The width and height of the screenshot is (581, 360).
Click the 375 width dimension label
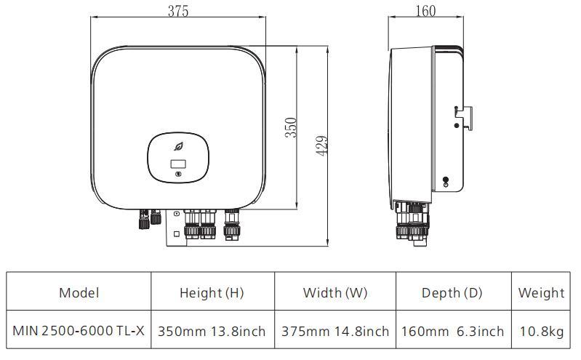click(178, 11)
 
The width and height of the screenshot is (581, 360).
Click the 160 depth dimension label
click(426, 11)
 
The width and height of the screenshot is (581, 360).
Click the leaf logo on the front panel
click(179, 147)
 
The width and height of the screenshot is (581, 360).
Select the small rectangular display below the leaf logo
click(178, 164)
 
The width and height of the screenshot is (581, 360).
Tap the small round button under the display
click(179, 175)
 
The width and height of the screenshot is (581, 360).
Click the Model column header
click(79, 293)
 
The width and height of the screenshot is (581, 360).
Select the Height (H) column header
click(212, 293)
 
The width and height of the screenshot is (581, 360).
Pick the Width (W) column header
click(334, 293)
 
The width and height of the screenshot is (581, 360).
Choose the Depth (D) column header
click(452, 293)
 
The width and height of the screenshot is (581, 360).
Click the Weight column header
click(541, 293)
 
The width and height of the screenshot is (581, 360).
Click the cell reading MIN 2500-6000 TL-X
click(79, 331)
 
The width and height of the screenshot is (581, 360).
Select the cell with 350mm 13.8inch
click(212, 331)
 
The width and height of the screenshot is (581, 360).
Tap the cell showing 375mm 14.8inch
click(334, 331)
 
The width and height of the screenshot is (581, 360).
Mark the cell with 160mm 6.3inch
click(452, 331)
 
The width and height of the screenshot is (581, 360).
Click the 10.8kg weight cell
click(541, 331)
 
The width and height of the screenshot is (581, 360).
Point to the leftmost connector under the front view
click(143, 219)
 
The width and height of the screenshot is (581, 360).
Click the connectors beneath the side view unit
click(413, 222)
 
